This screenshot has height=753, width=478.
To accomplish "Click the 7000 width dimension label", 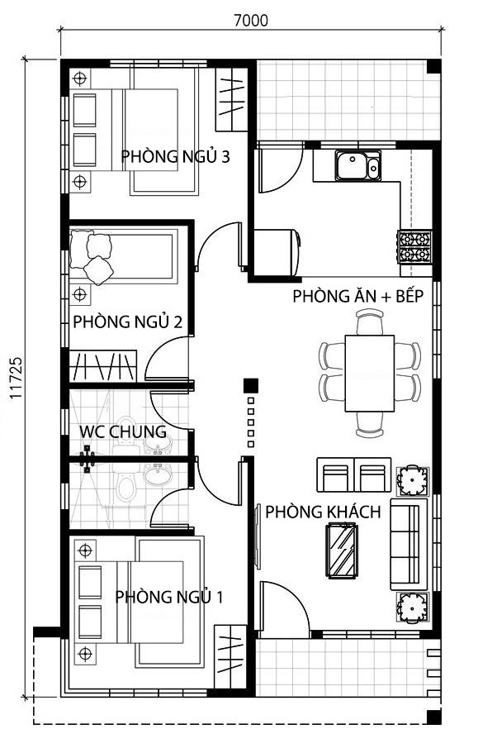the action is (251, 21).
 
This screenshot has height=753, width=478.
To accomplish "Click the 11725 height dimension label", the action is (16, 377).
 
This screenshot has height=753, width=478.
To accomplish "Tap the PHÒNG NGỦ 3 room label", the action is (175, 156).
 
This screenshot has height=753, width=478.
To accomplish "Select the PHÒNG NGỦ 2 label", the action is (127, 321).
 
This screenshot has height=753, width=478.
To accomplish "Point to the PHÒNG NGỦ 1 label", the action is (168, 597).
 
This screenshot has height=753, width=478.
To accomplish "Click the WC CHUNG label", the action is (123, 431).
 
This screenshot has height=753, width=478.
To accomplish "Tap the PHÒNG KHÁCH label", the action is (323, 512).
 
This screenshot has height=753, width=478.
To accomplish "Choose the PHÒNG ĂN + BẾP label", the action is (358, 296).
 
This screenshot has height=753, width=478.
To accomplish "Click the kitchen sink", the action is (357, 165).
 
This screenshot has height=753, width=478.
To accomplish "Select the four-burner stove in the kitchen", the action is (414, 246).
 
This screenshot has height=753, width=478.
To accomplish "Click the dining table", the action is (369, 373).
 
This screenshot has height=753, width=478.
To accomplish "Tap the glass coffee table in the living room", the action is (341, 550).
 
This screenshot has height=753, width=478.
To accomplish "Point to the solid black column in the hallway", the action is (251, 385).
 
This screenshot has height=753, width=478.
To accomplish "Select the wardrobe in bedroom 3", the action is (231, 99).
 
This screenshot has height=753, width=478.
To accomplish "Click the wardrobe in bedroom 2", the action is (103, 366).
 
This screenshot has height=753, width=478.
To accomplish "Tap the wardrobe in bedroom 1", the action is (230, 656).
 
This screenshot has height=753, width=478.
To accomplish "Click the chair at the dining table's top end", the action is (370, 322).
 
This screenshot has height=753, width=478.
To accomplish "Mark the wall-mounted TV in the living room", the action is (258, 536).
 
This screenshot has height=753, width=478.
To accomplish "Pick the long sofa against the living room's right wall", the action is (409, 544).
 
